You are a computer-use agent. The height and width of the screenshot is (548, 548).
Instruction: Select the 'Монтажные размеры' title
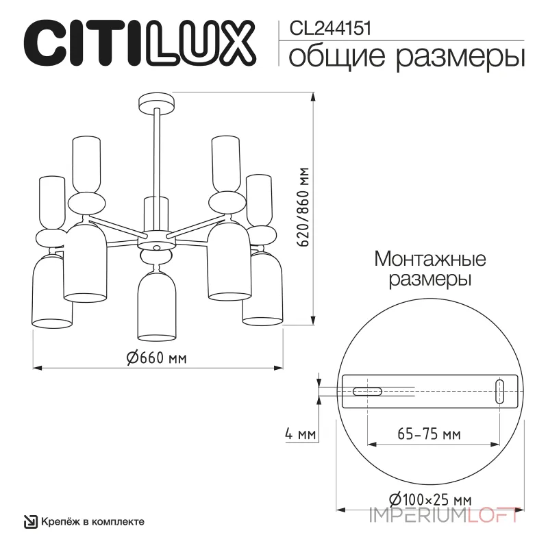(430, 269)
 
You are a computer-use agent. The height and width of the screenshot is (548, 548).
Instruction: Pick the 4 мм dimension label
(299, 434)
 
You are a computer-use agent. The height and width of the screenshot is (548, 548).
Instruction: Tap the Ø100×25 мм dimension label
(429, 498)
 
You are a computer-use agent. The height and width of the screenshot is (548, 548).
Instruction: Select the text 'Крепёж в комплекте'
(92, 521)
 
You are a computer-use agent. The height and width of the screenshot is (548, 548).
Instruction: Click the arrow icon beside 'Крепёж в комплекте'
(30, 522)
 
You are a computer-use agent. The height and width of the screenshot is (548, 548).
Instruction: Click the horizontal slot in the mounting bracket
(367, 392)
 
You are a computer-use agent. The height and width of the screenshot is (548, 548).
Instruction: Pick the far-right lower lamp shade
(263, 288)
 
